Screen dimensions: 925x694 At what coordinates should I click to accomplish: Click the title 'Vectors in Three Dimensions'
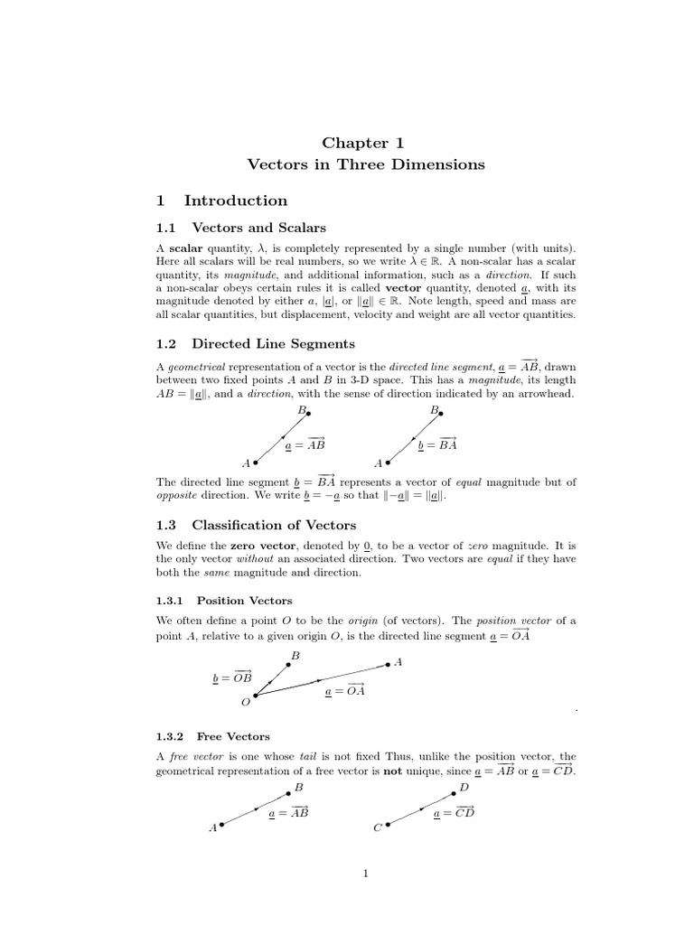point(365,164)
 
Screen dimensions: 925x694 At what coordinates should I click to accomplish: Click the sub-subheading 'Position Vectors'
point(244,600)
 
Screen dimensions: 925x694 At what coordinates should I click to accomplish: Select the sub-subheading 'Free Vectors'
point(233,736)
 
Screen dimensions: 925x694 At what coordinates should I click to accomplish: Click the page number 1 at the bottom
point(365,874)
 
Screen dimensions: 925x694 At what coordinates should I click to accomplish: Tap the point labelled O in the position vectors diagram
point(256,696)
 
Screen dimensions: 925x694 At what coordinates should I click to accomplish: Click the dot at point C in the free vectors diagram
point(388,826)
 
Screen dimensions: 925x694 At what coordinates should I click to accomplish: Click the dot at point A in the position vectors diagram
point(389,664)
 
